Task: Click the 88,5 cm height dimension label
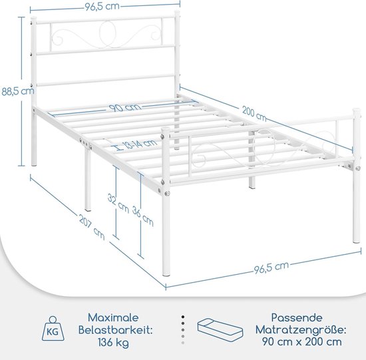18,91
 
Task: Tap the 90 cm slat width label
125,108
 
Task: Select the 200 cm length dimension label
254,114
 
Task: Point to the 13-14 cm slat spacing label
140,144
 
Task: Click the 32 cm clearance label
118,204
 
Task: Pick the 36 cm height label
143,216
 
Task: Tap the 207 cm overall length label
92,227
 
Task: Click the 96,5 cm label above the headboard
102,6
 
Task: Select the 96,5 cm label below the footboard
272,268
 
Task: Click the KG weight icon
53,328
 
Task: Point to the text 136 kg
113,343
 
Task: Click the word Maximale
113,317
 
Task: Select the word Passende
297,317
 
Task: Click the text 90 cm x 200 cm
302,342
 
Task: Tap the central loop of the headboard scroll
108,34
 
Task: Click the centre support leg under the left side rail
88,179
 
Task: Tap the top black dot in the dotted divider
183,317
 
